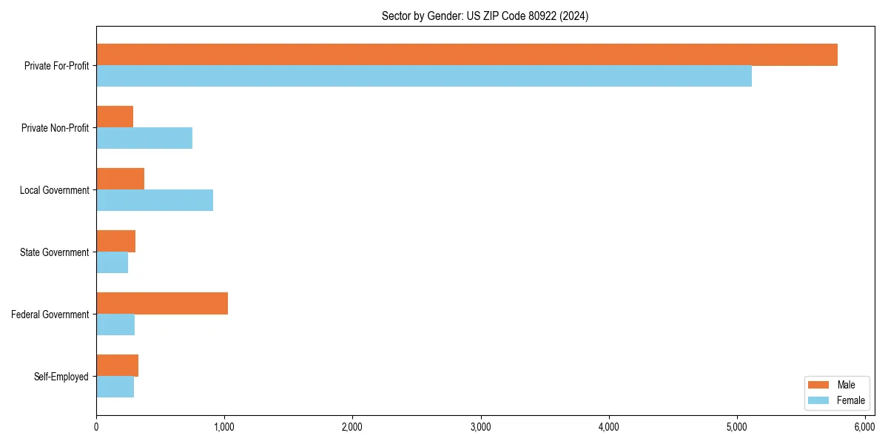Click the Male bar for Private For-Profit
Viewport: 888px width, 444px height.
click(466, 55)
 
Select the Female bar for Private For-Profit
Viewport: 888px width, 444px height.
click(423, 76)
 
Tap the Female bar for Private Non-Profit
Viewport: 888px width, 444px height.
click(144, 138)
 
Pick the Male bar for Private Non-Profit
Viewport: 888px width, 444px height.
click(115, 117)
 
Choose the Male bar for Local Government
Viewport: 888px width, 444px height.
click(120, 179)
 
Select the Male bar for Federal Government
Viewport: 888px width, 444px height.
click(162, 303)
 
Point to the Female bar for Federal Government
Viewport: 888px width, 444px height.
click(115, 325)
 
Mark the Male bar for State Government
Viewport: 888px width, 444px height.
click(115, 241)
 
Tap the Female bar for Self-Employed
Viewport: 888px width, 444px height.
click(115, 387)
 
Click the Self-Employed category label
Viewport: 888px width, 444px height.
click(61, 377)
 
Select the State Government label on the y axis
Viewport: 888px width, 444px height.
click(54, 252)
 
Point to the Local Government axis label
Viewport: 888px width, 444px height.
click(54, 190)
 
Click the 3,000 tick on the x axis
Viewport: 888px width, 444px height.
click(481, 427)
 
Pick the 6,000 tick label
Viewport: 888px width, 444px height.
click(865, 427)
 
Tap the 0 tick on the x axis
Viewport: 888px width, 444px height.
click(96, 427)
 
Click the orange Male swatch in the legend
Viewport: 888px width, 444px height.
click(818, 385)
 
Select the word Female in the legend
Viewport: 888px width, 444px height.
click(850, 400)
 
